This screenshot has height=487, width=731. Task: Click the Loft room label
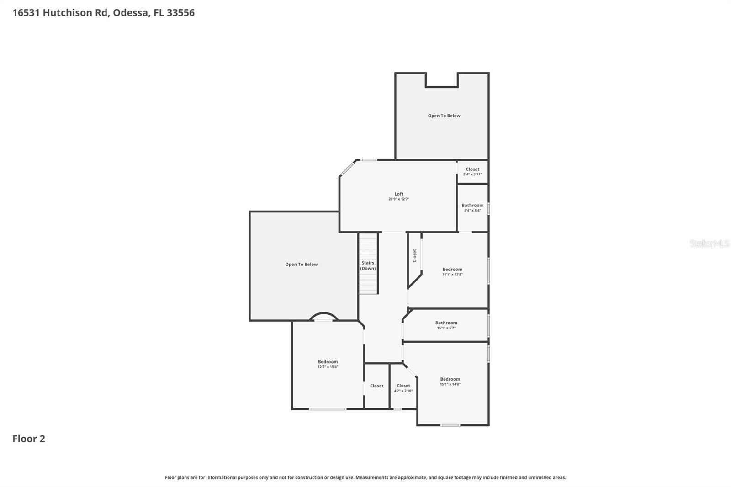click(x=399, y=194)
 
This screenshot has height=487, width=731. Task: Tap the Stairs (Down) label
click(x=368, y=265)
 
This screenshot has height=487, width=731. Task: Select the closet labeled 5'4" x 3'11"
click(x=472, y=171)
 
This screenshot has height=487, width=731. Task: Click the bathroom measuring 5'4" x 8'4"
click(x=472, y=207)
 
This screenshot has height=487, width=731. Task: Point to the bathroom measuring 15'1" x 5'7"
click(x=446, y=325)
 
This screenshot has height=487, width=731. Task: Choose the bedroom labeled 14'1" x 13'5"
click(x=452, y=271)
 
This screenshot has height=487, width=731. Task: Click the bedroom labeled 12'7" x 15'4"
click(x=328, y=364)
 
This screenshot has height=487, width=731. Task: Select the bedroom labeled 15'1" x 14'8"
click(x=450, y=381)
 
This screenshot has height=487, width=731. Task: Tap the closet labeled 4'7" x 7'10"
click(x=403, y=388)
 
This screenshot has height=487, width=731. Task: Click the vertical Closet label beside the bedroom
click(x=415, y=255)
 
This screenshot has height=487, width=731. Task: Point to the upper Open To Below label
click(x=444, y=116)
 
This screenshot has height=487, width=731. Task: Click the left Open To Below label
click(x=301, y=264)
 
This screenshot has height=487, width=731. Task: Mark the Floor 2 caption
click(x=29, y=439)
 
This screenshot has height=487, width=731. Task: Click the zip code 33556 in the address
click(x=180, y=12)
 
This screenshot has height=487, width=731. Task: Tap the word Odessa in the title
click(x=131, y=12)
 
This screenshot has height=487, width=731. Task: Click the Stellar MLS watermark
click(x=709, y=243)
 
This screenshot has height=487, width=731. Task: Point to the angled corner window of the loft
click(x=347, y=167)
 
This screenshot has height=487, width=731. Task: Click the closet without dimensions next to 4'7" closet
click(x=376, y=386)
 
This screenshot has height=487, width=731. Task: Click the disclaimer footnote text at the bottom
click(x=365, y=477)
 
